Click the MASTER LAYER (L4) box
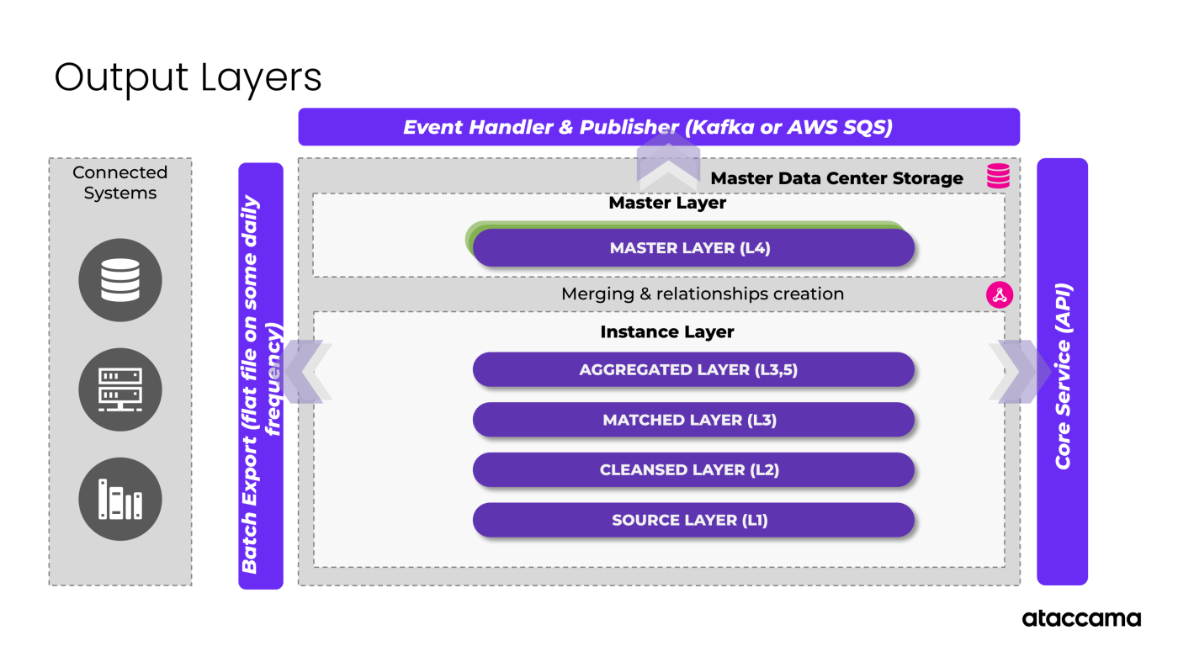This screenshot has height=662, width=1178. click(693, 248)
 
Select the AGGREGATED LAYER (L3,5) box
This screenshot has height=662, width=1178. click(693, 369)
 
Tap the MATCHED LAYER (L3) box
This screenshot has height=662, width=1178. click(693, 420)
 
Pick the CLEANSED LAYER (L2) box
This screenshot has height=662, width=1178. click(693, 469)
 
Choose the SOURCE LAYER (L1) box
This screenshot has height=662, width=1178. click(693, 520)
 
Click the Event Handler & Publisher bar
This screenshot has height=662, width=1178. click(659, 127)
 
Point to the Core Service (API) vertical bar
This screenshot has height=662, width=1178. click(1062, 371)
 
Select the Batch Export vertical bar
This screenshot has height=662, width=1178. click(261, 375)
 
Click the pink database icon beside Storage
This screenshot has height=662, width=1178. click(999, 176)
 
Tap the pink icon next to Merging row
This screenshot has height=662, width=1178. click(999, 294)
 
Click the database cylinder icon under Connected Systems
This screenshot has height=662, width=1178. click(120, 280)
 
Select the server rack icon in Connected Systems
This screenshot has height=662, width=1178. click(120, 389)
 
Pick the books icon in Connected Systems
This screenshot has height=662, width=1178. click(120, 499)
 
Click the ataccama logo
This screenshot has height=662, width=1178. click(1081, 618)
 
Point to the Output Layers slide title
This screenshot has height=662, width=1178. click(188, 77)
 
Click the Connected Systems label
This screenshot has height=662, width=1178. click(120, 183)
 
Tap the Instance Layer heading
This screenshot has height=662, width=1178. click(667, 332)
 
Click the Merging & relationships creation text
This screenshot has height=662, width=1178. click(703, 294)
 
